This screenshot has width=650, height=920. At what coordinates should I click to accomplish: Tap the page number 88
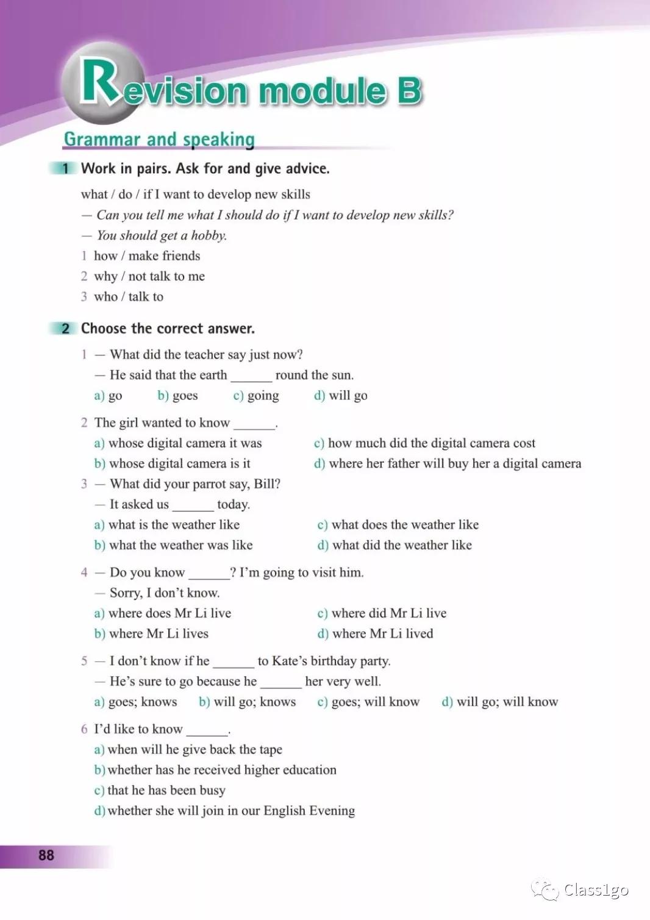46,855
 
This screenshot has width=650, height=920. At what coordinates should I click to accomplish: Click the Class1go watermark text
596,890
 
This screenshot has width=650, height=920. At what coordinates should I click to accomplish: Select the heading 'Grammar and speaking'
159,139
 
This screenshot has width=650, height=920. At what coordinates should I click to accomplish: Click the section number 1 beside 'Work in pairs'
65,169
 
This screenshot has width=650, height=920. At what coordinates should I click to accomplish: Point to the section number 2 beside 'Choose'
65,329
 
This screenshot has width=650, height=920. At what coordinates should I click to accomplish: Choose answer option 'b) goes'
177,396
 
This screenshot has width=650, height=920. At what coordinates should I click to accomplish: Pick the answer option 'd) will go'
340,396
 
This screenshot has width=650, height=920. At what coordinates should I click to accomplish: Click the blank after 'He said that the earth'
251,376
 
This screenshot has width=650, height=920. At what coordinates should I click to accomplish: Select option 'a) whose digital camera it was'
177,443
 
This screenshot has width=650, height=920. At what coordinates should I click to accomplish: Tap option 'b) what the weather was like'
173,545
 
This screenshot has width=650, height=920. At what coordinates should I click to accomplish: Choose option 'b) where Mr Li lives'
151,634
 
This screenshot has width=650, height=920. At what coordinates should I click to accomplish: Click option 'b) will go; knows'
247,702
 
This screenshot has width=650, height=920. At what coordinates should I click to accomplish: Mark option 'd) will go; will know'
499,702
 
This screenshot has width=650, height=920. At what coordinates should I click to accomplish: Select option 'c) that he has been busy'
160,791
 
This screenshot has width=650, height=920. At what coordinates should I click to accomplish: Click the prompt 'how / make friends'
146,256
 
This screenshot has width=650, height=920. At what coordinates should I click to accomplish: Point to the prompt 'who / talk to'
128,297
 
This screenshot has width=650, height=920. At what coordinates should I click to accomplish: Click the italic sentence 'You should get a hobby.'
162,235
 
